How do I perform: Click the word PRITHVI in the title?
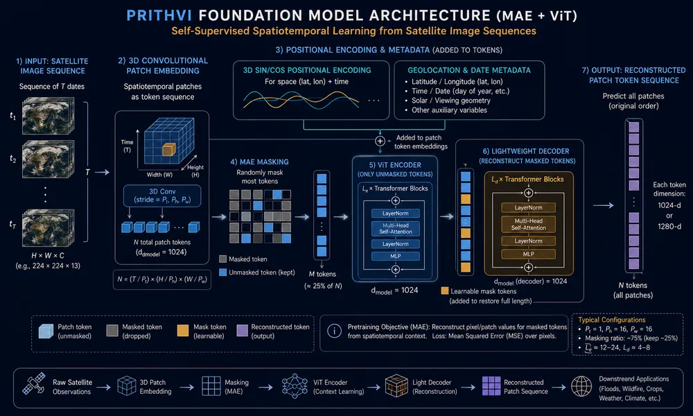[159, 15]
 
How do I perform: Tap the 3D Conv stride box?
[162, 196]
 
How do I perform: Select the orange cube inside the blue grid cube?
[169, 150]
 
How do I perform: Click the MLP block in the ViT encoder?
[396, 256]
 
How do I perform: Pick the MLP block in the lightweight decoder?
[529, 254]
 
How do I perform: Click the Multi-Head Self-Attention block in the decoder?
[529, 224]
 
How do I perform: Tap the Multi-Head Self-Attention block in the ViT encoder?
[396, 228]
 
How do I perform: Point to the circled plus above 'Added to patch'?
[380, 141]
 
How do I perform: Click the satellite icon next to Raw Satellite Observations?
[34, 384]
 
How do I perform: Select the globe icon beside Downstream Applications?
[581, 387]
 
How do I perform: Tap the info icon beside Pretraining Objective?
[335, 331]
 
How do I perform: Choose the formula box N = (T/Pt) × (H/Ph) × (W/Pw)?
[162, 279]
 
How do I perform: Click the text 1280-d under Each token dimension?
[669, 226]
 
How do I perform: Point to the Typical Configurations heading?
[612, 320]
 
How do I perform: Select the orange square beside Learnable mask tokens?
[445, 291]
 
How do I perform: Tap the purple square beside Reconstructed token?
[242, 331]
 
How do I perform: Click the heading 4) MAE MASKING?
[259, 162]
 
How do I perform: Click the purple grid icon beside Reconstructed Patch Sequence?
[491, 386]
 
